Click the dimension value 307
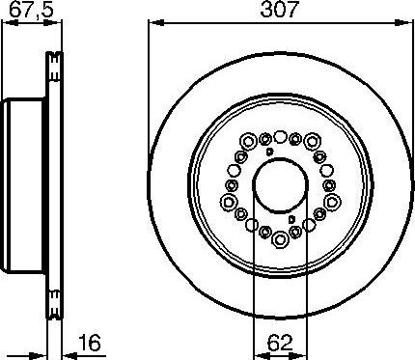(280, 12)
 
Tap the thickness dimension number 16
(90, 344)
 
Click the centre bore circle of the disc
(280, 186)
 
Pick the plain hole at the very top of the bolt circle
(280, 136)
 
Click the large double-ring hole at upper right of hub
(312, 143)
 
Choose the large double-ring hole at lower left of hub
(248, 230)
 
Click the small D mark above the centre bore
(269, 152)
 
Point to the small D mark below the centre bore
(291, 221)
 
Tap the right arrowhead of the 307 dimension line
(406, 24)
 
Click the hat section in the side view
(24, 186)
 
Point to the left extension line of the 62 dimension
(253, 280)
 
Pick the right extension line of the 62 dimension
(307, 280)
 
